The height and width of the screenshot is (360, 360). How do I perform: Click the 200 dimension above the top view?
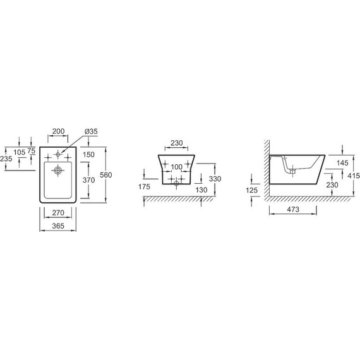[x=58, y=131]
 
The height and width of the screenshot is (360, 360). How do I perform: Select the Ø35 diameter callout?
[x=90, y=131]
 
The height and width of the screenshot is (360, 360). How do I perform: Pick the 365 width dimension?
[x=58, y=225]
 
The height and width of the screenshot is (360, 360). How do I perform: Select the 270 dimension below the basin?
[x=58, y=213]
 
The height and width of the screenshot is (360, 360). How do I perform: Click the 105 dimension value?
[x=19, y=152]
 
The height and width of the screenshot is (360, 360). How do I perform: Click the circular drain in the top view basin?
[x=58, y=170]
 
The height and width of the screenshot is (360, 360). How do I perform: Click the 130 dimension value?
[x=202, y=189]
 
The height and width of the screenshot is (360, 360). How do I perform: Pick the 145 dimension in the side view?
[x=344, y=162]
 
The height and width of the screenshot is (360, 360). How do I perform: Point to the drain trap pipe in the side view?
[x=292, y=167]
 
